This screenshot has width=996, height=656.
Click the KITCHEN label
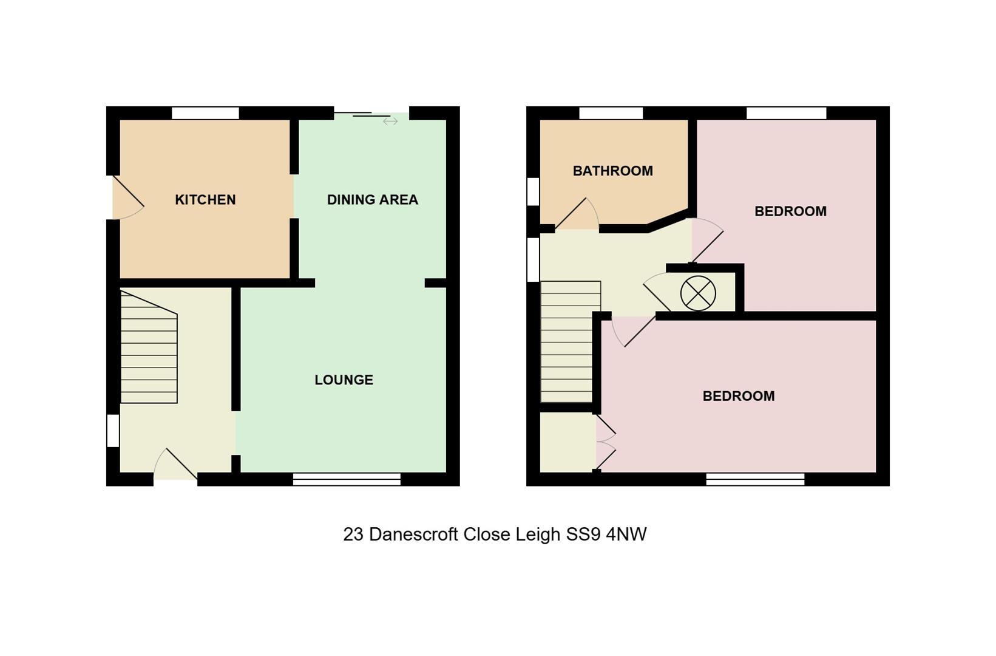click(x=205, y=200)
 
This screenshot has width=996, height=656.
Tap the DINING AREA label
click(x=372, y=200)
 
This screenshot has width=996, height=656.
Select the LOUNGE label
click(x=344, y=380)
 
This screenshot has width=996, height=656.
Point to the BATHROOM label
click(x=612, y=171)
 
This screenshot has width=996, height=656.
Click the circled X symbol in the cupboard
click(x=698, y=293)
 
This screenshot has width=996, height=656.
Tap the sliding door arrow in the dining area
click(x=390, y=121)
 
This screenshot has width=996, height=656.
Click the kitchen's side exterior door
click(x=128, y=198)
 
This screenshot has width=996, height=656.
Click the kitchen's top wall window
click(x=205, y=114)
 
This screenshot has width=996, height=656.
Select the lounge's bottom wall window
click(x=347, y=479)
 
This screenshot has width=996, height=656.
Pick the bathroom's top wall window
click(x=611, y=114)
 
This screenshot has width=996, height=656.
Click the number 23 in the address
click(x=353, y=535)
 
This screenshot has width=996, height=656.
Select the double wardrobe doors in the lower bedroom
click(x=606, y=442)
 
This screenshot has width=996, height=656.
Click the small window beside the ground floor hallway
click(x=113, y=431)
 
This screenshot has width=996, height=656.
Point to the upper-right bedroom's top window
click(x=786, y=114)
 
